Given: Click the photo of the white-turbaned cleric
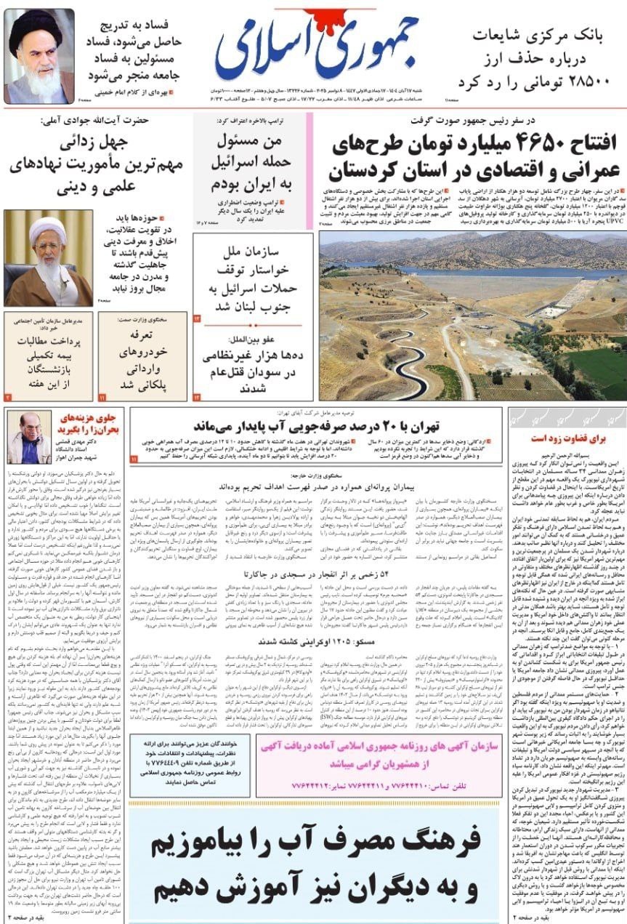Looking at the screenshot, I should point(48,258).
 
